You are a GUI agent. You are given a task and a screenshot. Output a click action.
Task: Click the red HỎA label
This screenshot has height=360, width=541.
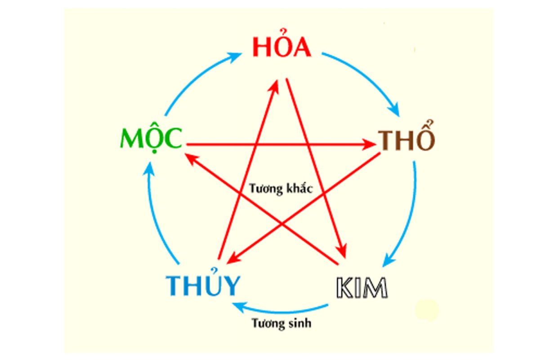tap(281, 47)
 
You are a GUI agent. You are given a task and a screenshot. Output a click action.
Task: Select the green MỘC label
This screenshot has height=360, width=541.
tap(151, 139)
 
